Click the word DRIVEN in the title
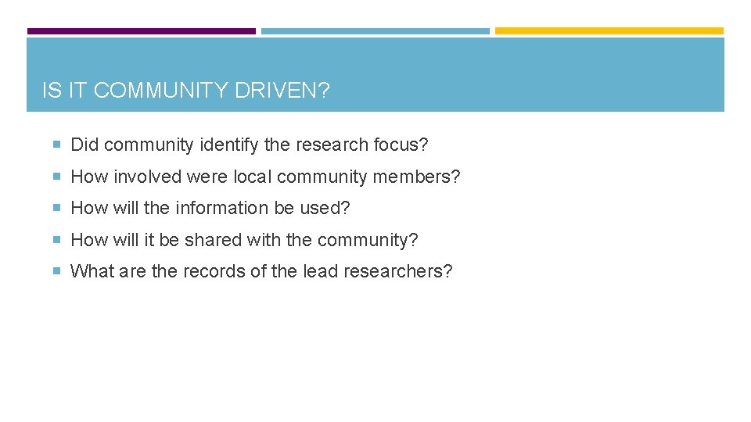click(279, 91)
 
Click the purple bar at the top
click(141, 31)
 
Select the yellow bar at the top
click(609, 31)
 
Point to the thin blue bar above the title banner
click(375, 31)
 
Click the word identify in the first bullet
click(226, 145)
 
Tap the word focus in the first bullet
click(400, 145)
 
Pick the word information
click(214, 209)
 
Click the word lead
click(318, 272)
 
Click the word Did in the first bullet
click(84, 145)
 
